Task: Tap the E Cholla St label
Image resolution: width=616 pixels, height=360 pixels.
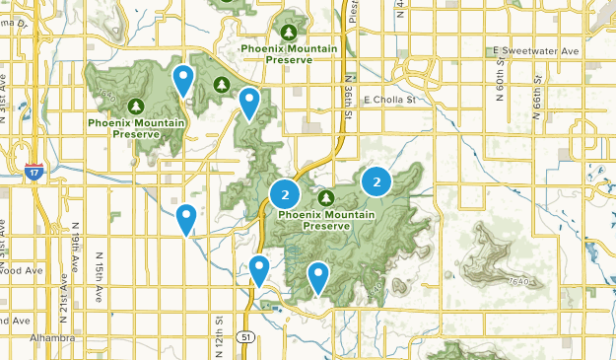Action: click(x=392, y=100)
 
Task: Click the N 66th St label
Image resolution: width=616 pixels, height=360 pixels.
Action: click(x=539, y=90)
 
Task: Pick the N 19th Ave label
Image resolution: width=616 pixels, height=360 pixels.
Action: click(x=75, y=242)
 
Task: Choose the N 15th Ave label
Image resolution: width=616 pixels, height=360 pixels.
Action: click(x=99, y=280)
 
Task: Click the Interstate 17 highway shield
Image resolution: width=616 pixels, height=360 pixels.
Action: click(x=34, y=171)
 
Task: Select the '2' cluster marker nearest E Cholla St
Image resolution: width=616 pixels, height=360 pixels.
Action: click(x=376, y=181)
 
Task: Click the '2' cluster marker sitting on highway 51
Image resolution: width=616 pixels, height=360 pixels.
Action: click(x=285, y=193)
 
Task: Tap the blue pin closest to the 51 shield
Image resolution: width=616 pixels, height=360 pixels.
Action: click(x=258, y=268)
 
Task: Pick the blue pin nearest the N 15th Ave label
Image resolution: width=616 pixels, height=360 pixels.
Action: click(x=186, y=218)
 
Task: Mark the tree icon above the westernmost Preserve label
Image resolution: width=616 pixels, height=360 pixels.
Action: click(x=136, y=106)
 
